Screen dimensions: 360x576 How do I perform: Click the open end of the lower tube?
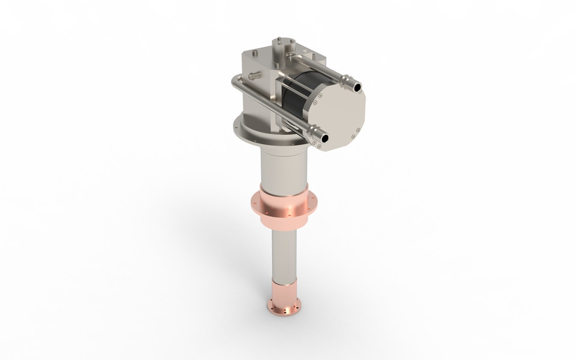point(325,138)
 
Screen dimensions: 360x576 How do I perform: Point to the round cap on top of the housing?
point(283,45)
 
